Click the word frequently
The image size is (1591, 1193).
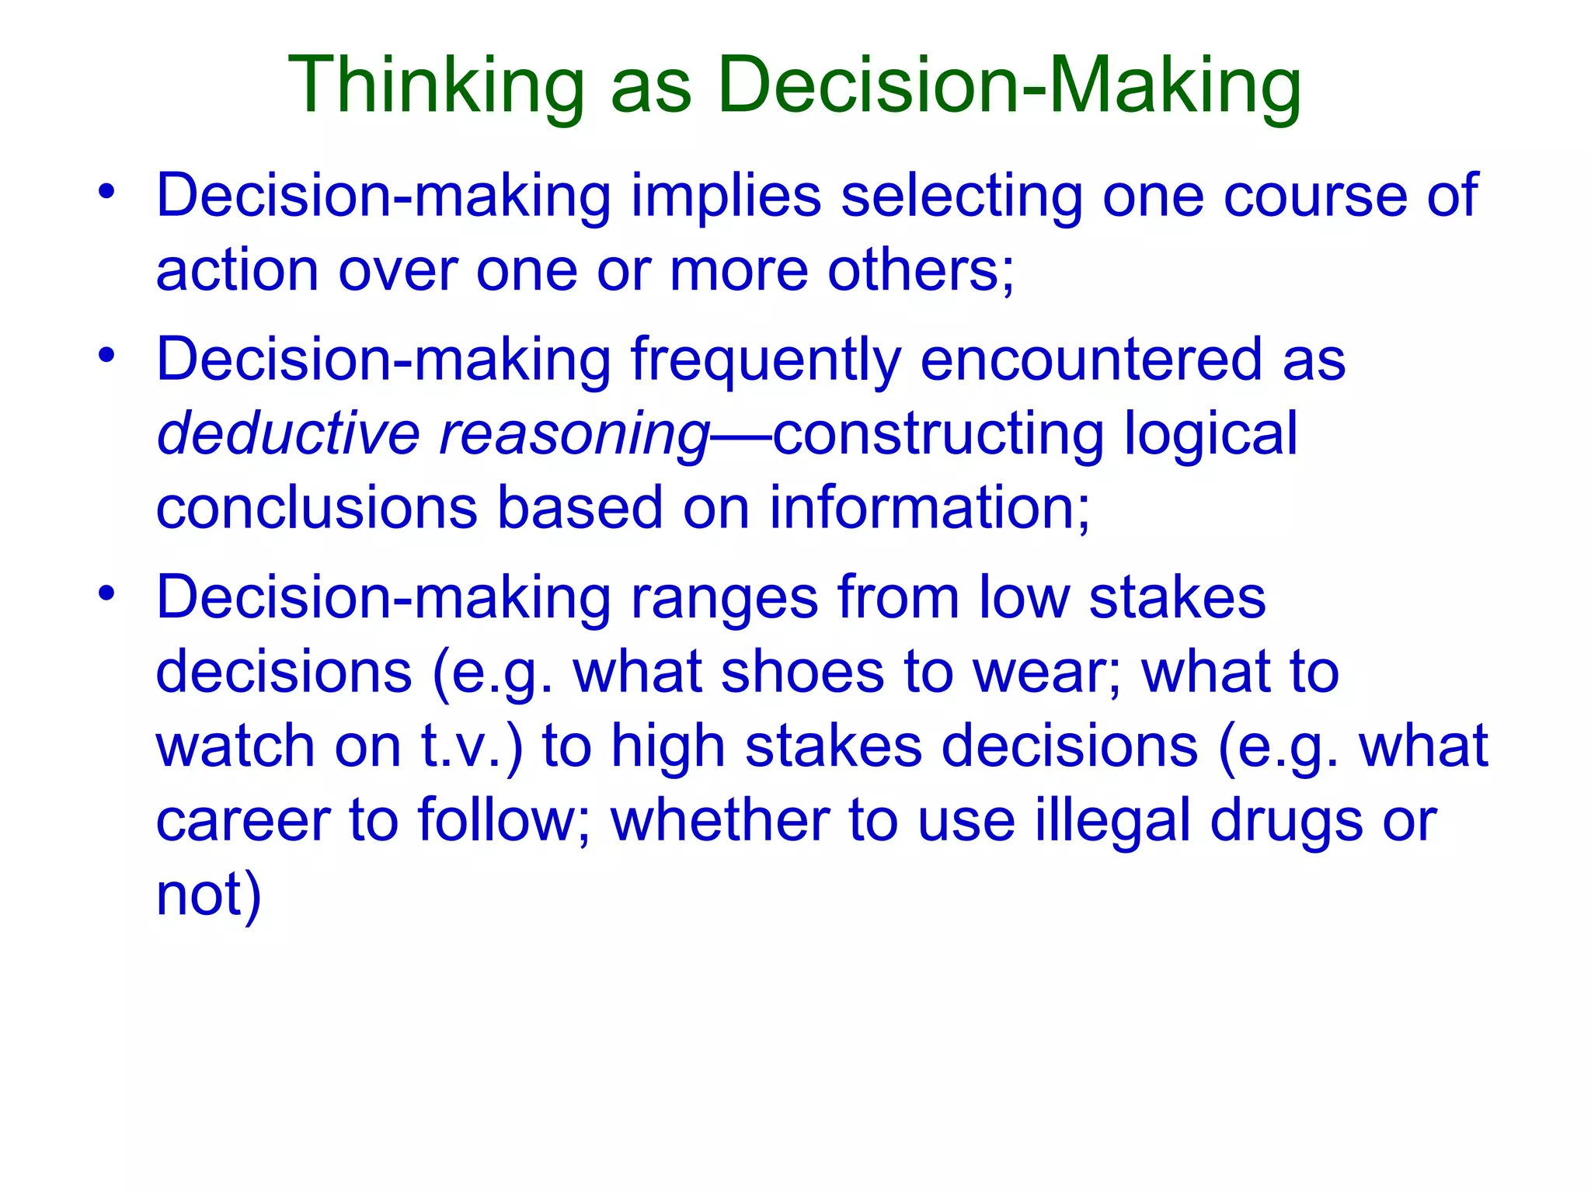pyautogui.click(x=765, y=361)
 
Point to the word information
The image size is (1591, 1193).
pyautogui.click(x=929, y=508)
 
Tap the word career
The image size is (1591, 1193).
pyautogui.click(x=242, y=821)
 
